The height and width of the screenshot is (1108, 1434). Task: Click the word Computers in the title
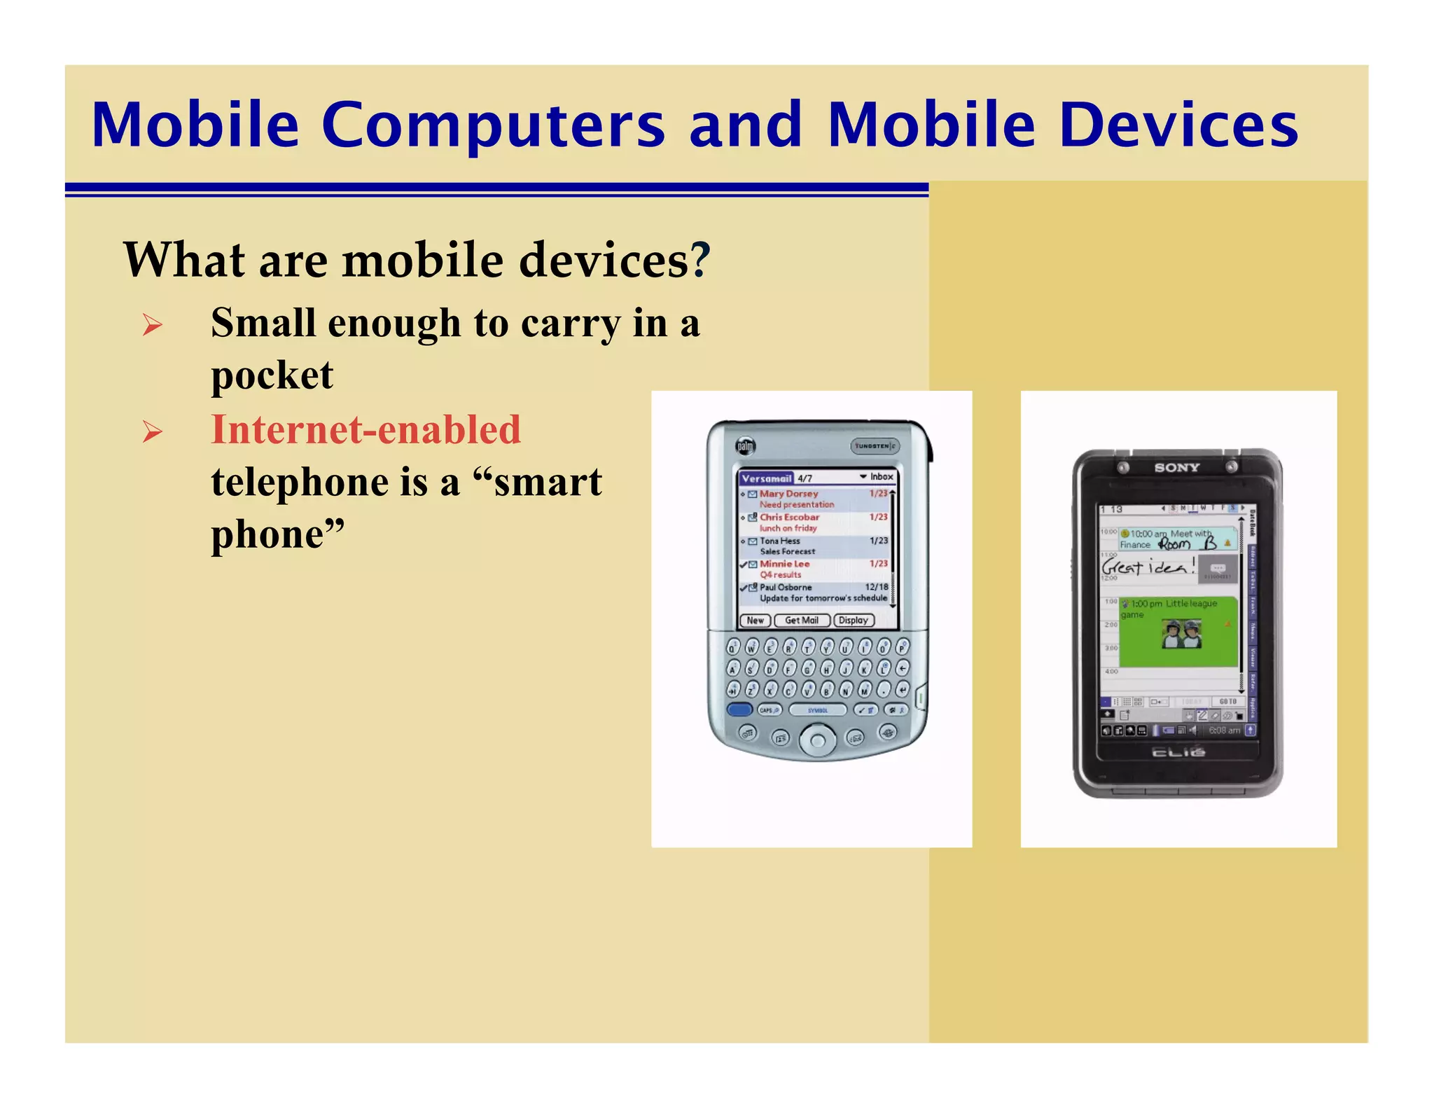493,126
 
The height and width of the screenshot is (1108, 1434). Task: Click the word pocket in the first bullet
272,375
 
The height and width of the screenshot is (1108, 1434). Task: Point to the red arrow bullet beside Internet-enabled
152,431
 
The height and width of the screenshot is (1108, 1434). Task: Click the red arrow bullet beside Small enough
152,325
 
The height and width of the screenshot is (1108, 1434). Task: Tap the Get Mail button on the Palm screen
802,621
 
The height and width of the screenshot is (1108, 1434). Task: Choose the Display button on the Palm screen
854,621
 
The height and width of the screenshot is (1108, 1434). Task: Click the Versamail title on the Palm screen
766,478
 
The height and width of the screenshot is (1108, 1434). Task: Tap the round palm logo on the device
745,446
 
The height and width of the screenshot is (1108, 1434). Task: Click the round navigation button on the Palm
817,739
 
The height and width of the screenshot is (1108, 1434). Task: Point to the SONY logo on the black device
1177,467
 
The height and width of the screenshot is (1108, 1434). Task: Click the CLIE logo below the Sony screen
1178,752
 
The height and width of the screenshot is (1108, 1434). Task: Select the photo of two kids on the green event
1182,634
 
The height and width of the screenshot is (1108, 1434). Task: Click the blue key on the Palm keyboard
739,709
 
